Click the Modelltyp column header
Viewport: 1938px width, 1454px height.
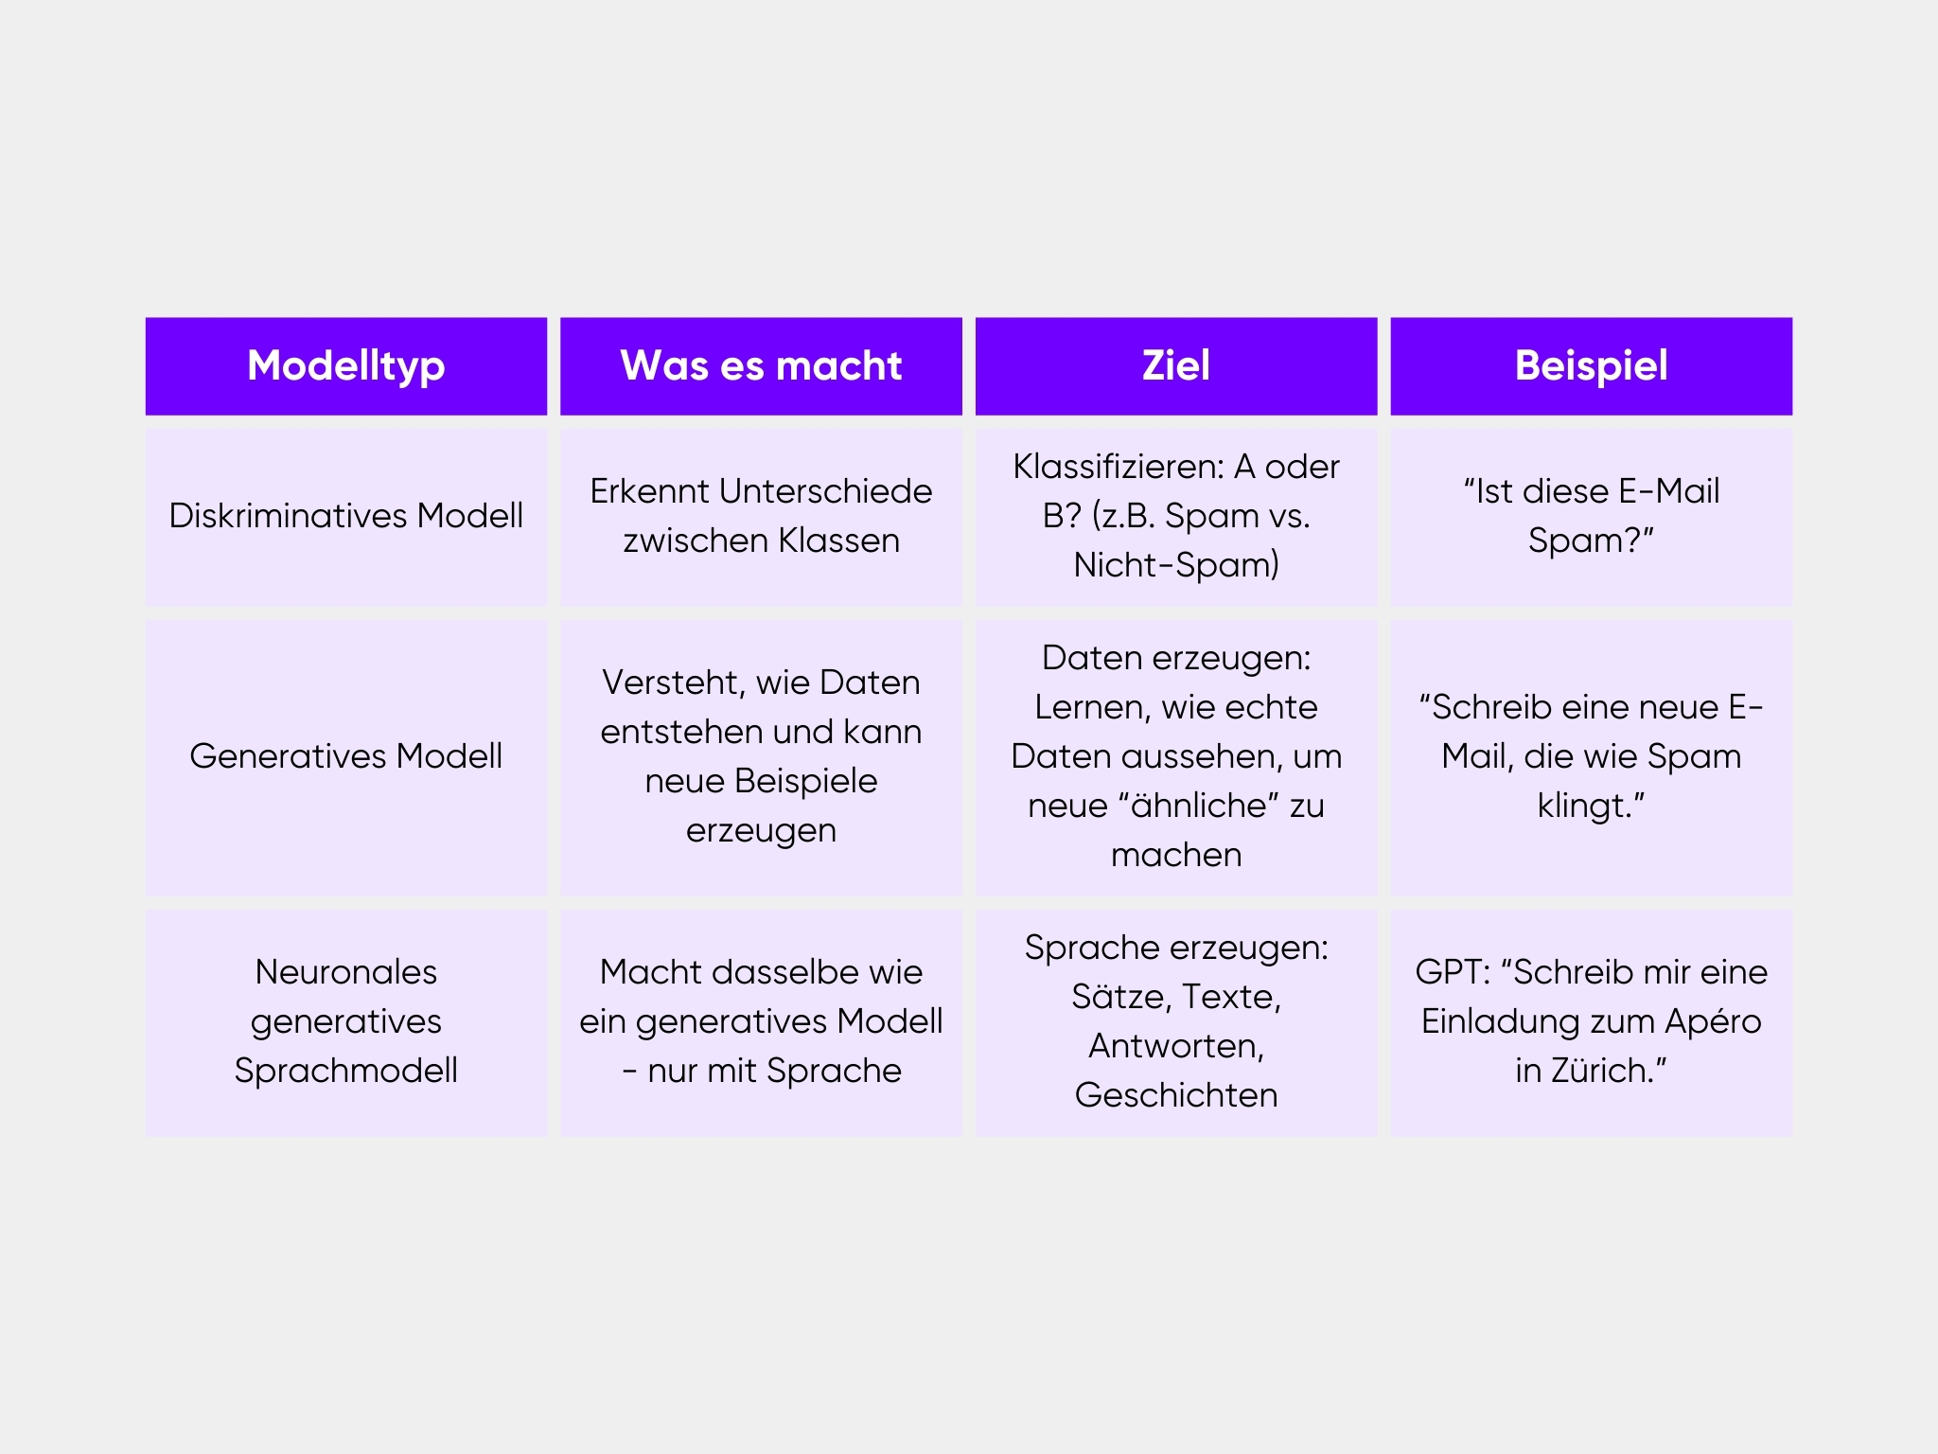(x=346, y=366)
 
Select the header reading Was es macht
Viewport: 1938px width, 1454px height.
(x=761, y=366)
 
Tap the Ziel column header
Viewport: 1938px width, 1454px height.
(x=1176, y=366)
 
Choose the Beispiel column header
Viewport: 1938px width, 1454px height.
(x=1592, y=366)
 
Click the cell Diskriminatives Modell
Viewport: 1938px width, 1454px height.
(x=346, y=516)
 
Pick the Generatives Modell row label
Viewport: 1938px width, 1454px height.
(x=346, y=756)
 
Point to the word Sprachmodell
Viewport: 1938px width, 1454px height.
(x=346, y=1071)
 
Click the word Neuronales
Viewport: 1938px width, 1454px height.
(x=346, y=972)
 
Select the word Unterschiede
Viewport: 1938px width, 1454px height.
(x=826, y=491)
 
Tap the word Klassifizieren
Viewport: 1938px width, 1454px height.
(x=1119, y=467)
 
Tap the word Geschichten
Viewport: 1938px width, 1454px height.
(x=1176, y=1095)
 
